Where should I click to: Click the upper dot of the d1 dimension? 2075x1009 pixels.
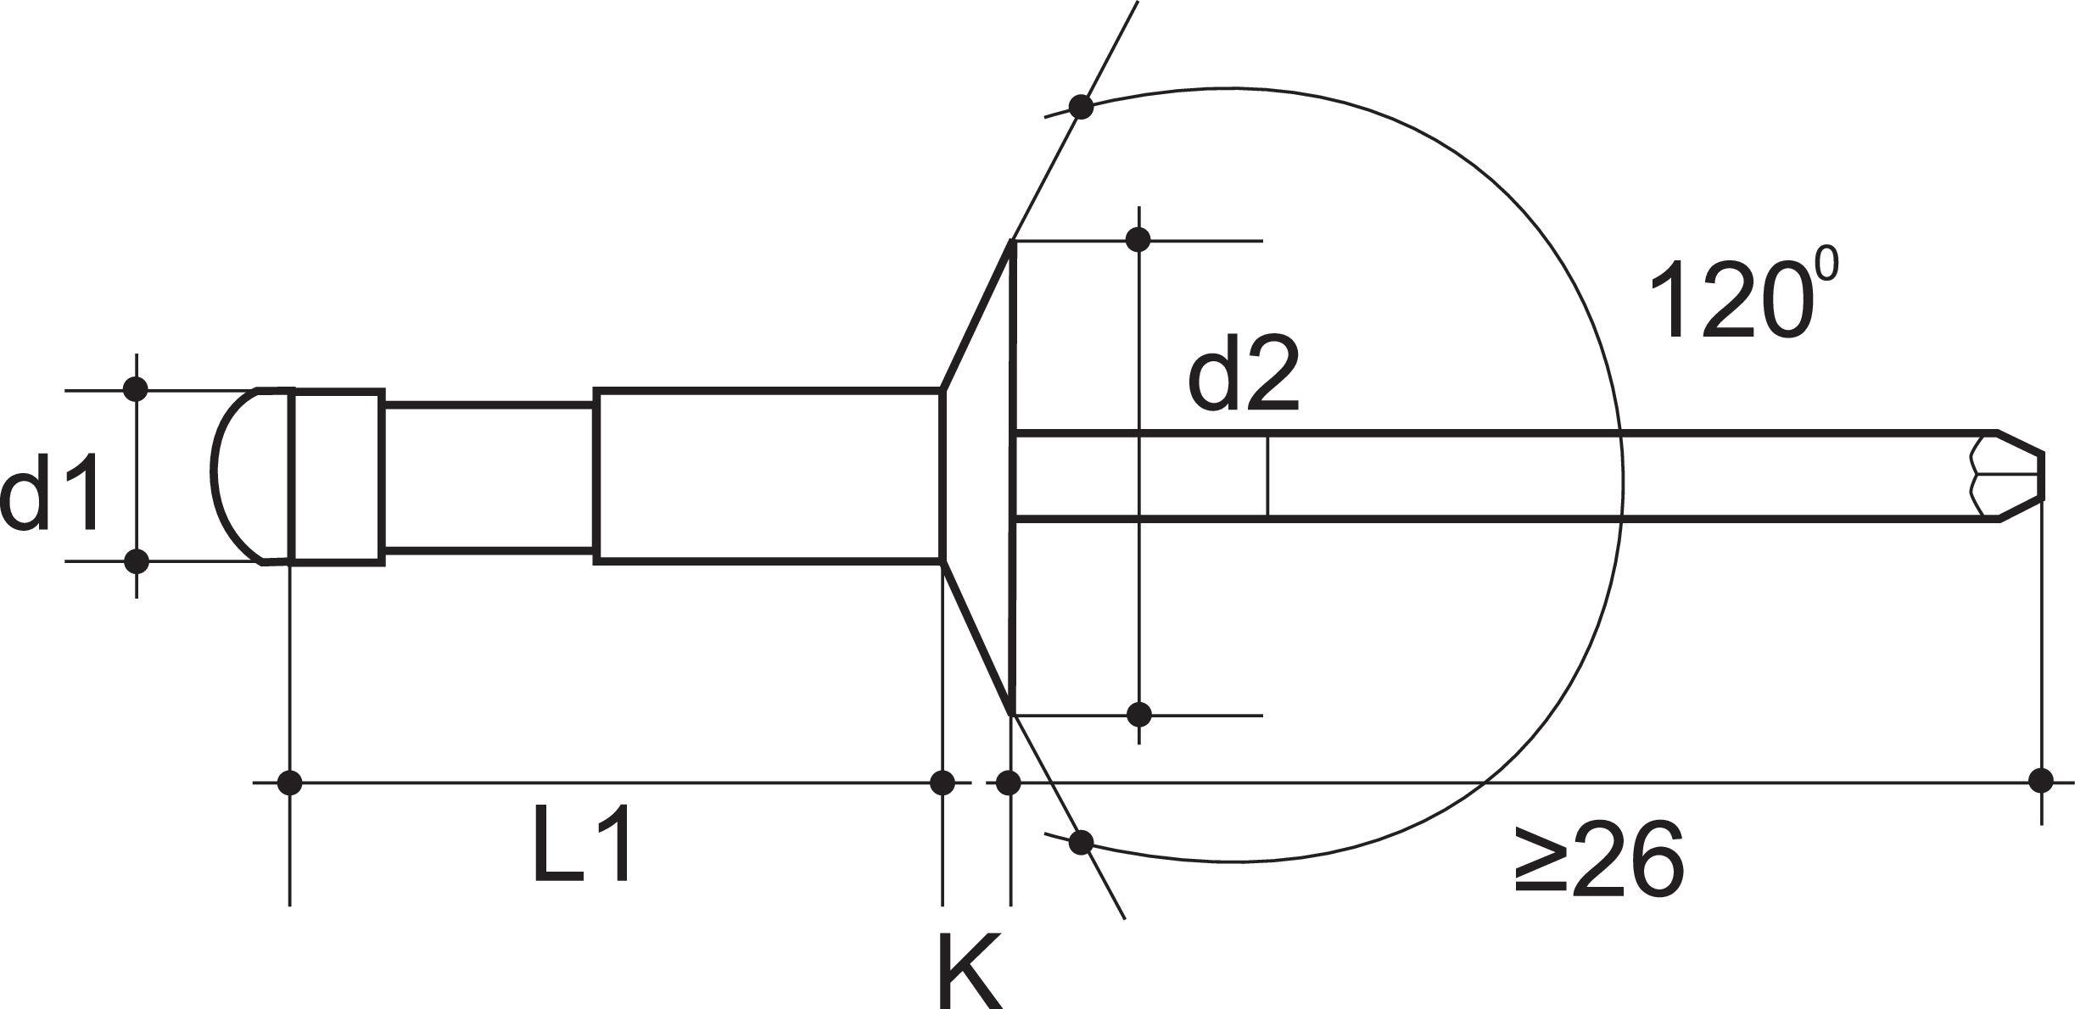click(137, 389)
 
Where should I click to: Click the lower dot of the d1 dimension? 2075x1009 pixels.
click(137, 560)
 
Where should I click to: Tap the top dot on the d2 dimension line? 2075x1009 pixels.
click(1139, 240)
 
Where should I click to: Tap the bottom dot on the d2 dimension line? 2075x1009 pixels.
click(1139, 714)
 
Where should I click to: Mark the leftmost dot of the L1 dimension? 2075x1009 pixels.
click(290, 782)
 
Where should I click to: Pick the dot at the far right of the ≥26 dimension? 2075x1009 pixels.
click(2040, 779)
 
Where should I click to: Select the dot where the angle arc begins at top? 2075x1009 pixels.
click(1081, 107)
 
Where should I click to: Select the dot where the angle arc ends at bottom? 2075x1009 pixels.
click(1081, 842)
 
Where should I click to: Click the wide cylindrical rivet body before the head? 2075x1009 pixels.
click(768, 475)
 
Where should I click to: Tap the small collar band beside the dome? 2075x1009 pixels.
click(337, 475)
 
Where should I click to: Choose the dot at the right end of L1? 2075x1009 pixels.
click(942, 782)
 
